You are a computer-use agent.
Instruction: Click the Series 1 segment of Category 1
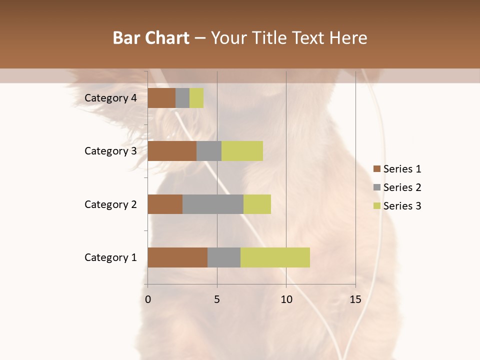coord(177,257)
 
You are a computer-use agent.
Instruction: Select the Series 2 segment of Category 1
coord(224,257)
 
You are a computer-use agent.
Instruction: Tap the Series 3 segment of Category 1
coord(275,257)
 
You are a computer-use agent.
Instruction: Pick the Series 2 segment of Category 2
coord(213,204)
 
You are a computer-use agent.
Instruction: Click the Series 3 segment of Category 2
coord(257,204)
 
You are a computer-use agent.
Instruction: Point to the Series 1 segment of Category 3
coord(172,151)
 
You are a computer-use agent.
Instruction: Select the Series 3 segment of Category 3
coord(242,151)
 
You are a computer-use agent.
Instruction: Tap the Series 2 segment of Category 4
coord(182,98)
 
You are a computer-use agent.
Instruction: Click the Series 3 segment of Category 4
coord(196,98)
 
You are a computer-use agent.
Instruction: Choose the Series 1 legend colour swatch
coord(376,169)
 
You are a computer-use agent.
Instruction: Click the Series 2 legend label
coord(402,187)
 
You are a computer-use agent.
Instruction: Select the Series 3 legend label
coord(402,206)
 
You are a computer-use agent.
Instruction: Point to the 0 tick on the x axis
coord(148,299)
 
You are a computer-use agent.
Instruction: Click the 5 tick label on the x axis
coord(217,299)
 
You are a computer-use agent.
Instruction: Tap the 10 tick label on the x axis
coord(286,299)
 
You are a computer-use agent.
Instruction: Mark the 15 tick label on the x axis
coord(355,299)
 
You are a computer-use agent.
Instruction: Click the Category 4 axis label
coord(110,98)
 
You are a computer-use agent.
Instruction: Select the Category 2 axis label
coord(110,204)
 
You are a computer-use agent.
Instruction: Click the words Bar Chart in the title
coord(151,38)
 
